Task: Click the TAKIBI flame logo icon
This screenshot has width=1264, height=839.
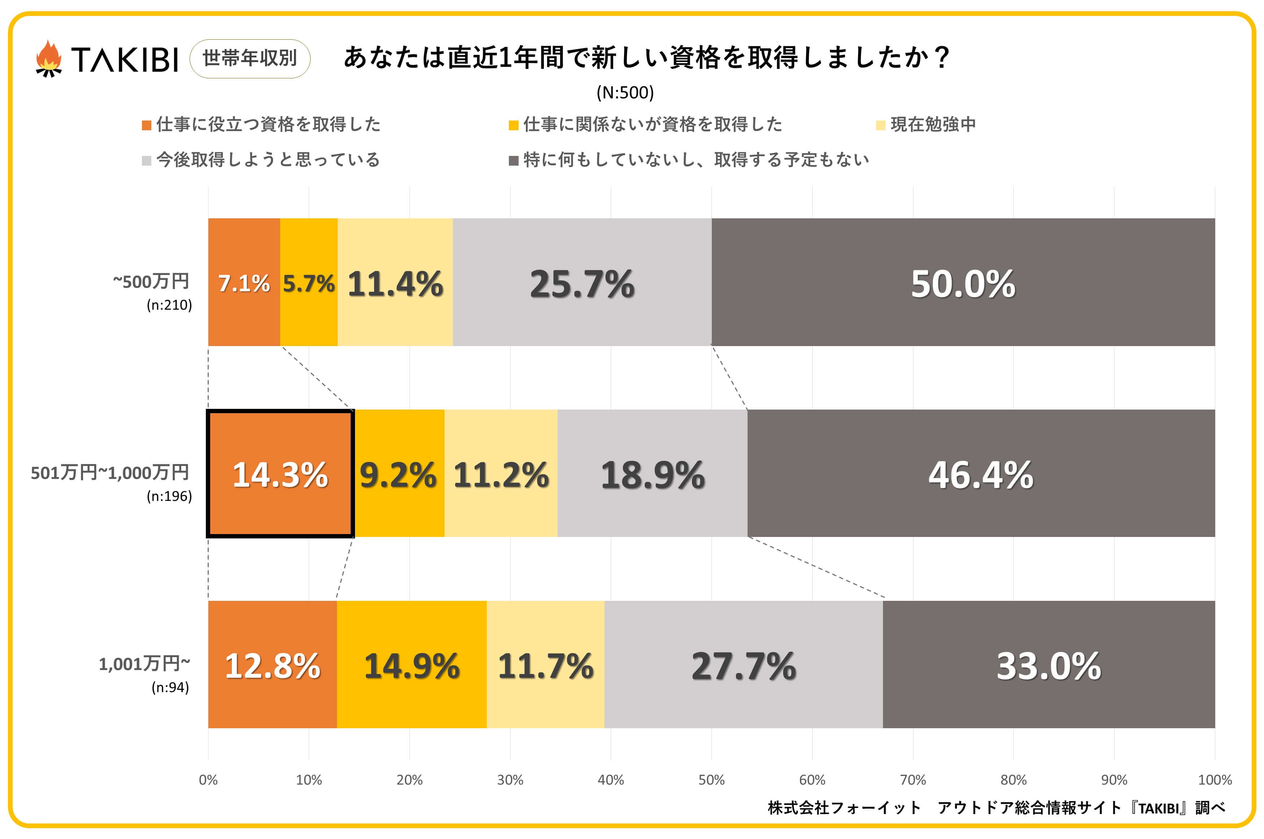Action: coord(48,59)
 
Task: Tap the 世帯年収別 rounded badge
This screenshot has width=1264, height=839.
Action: coord(250,58)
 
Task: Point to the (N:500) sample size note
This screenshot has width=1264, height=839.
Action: coord(625,93)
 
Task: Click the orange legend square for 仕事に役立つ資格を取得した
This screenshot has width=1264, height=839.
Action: coord(146,125)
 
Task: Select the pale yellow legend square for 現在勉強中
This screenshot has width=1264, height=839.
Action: coord(880,125)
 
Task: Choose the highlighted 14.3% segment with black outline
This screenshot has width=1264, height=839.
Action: coord(280,473)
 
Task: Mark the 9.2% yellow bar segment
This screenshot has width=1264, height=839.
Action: coord(398,473)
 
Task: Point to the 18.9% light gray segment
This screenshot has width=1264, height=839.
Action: coord(652,473)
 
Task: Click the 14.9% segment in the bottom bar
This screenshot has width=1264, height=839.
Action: coord(411,665)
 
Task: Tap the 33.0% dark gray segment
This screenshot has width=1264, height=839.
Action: coord(1048,665)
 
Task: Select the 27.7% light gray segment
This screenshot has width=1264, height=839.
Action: coord(743,665)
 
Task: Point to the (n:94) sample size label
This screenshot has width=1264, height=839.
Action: coord(170,687)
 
